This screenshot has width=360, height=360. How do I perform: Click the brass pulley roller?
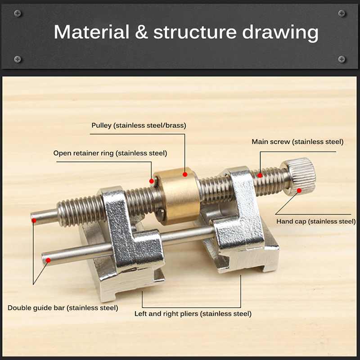point(177,195)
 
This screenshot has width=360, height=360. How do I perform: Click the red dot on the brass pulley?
point(185,175)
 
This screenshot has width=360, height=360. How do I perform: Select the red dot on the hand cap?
point(299,190)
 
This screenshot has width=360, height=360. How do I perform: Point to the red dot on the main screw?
point(260,175)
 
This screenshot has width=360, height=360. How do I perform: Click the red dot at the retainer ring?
point(152,181)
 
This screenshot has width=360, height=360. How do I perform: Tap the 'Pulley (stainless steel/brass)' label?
point(139,126)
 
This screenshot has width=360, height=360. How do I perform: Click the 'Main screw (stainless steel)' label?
point(297,142)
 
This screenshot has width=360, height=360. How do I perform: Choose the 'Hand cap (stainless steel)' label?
point(316,221)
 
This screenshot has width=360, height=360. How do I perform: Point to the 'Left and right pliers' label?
point(166,314)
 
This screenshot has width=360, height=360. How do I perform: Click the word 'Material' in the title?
point(91,32)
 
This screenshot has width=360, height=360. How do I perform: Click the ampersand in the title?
point(141,32)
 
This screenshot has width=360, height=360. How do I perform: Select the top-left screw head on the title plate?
point(18,13)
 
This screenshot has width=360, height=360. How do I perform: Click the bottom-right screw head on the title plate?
point(342,59)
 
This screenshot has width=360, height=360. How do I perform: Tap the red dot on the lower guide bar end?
point(48,260)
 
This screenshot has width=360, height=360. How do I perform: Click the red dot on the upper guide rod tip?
point(34,220)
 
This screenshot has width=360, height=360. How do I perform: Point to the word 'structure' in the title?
point(195,32)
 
